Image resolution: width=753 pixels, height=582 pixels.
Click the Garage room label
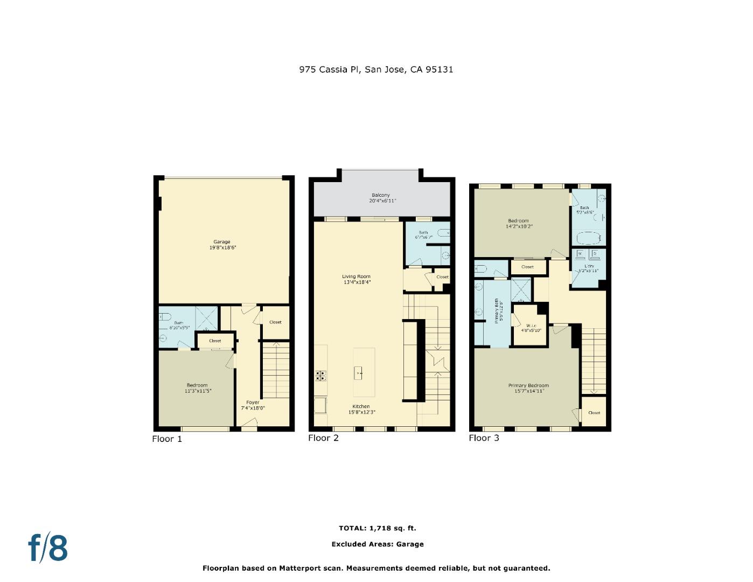[221, 242]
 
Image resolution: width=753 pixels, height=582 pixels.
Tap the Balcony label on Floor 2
[380, 195]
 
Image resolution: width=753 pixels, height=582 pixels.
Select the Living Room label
[357, 276]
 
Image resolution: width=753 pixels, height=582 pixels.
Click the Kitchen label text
[361, 406]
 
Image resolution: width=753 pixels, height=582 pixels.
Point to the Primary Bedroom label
[528, 385]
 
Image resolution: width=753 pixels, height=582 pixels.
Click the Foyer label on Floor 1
[253, 403]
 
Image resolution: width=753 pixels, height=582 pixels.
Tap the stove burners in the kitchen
[321, 375]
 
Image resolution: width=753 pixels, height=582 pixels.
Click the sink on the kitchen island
[359, 372]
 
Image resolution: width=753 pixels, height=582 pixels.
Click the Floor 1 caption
[167, 439]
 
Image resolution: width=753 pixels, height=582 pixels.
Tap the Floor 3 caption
[484, 438]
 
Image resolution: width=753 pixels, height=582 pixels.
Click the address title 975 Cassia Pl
[376, 70]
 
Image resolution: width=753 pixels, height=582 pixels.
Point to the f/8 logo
[48, 548]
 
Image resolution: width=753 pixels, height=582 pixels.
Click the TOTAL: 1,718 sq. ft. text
[377, 528]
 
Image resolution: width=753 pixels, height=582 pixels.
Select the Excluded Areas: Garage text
[377, 544]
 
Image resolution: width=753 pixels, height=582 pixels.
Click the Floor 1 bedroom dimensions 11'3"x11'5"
[197, 391]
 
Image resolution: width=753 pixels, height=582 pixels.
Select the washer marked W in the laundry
[580, 253]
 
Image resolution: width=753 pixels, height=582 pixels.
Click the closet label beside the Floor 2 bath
[442, 277]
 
